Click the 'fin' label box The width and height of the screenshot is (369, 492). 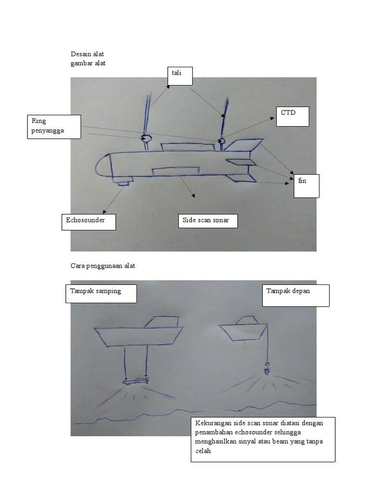point(307,186)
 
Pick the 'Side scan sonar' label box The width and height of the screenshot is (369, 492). point(208,221)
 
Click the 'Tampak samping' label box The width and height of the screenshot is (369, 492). point(100,294)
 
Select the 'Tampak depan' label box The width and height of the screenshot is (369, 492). point(295,295)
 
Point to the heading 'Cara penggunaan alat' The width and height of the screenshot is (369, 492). point(103,266)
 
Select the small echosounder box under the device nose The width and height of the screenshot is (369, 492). point(124,181)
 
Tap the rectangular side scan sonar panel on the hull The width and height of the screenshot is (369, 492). point(175,170)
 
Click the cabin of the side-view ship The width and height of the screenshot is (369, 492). point(165,322)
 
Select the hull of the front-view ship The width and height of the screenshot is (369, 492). point(243,331)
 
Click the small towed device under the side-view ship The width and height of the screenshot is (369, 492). point(135,381)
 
